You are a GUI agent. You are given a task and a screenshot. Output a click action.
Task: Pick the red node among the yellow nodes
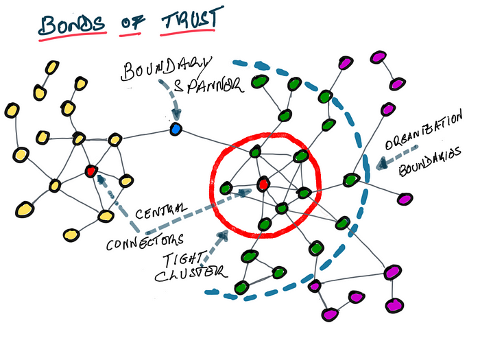coord(90,169)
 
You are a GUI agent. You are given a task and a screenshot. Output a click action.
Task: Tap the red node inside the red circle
coord(262,184)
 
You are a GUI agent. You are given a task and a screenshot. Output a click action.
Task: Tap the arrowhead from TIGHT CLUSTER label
coord(224,235)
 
